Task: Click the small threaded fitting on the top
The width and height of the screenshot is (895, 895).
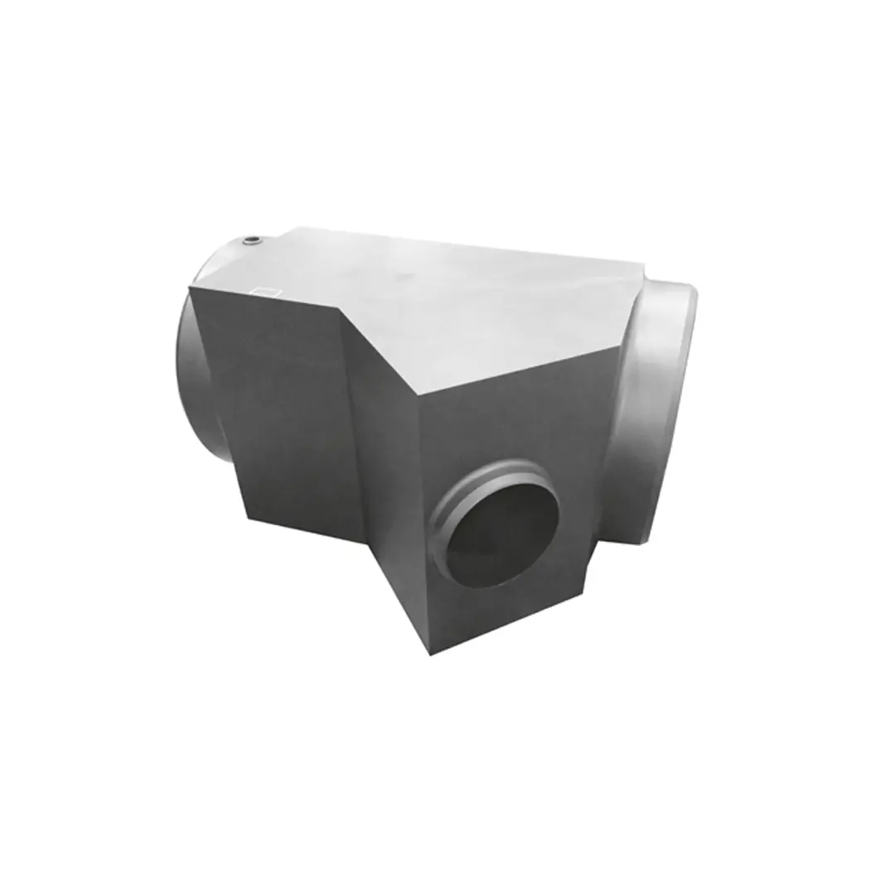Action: [x=251, y=241]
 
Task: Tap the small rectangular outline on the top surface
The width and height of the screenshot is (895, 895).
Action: [x=266, y=291]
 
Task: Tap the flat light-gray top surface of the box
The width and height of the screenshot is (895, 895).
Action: [x=464, y=298]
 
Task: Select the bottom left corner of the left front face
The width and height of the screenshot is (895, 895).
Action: [x=245, y=518]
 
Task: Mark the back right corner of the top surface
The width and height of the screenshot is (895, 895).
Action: [x=642, y=264]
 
